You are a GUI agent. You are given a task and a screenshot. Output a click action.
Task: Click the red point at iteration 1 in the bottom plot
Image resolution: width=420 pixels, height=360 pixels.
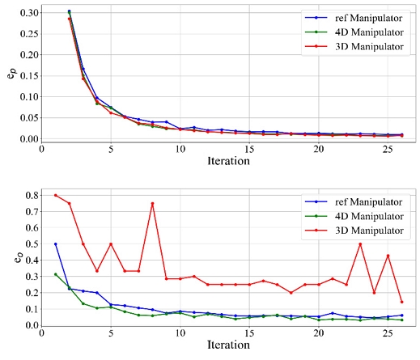[x=55, y=195]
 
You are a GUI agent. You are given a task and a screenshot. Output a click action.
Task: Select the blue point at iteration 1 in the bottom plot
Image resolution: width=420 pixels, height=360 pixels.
[x=55, y=244]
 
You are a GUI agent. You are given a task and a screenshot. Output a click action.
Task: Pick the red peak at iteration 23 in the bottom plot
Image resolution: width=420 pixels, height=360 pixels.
[x=360, y=244]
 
